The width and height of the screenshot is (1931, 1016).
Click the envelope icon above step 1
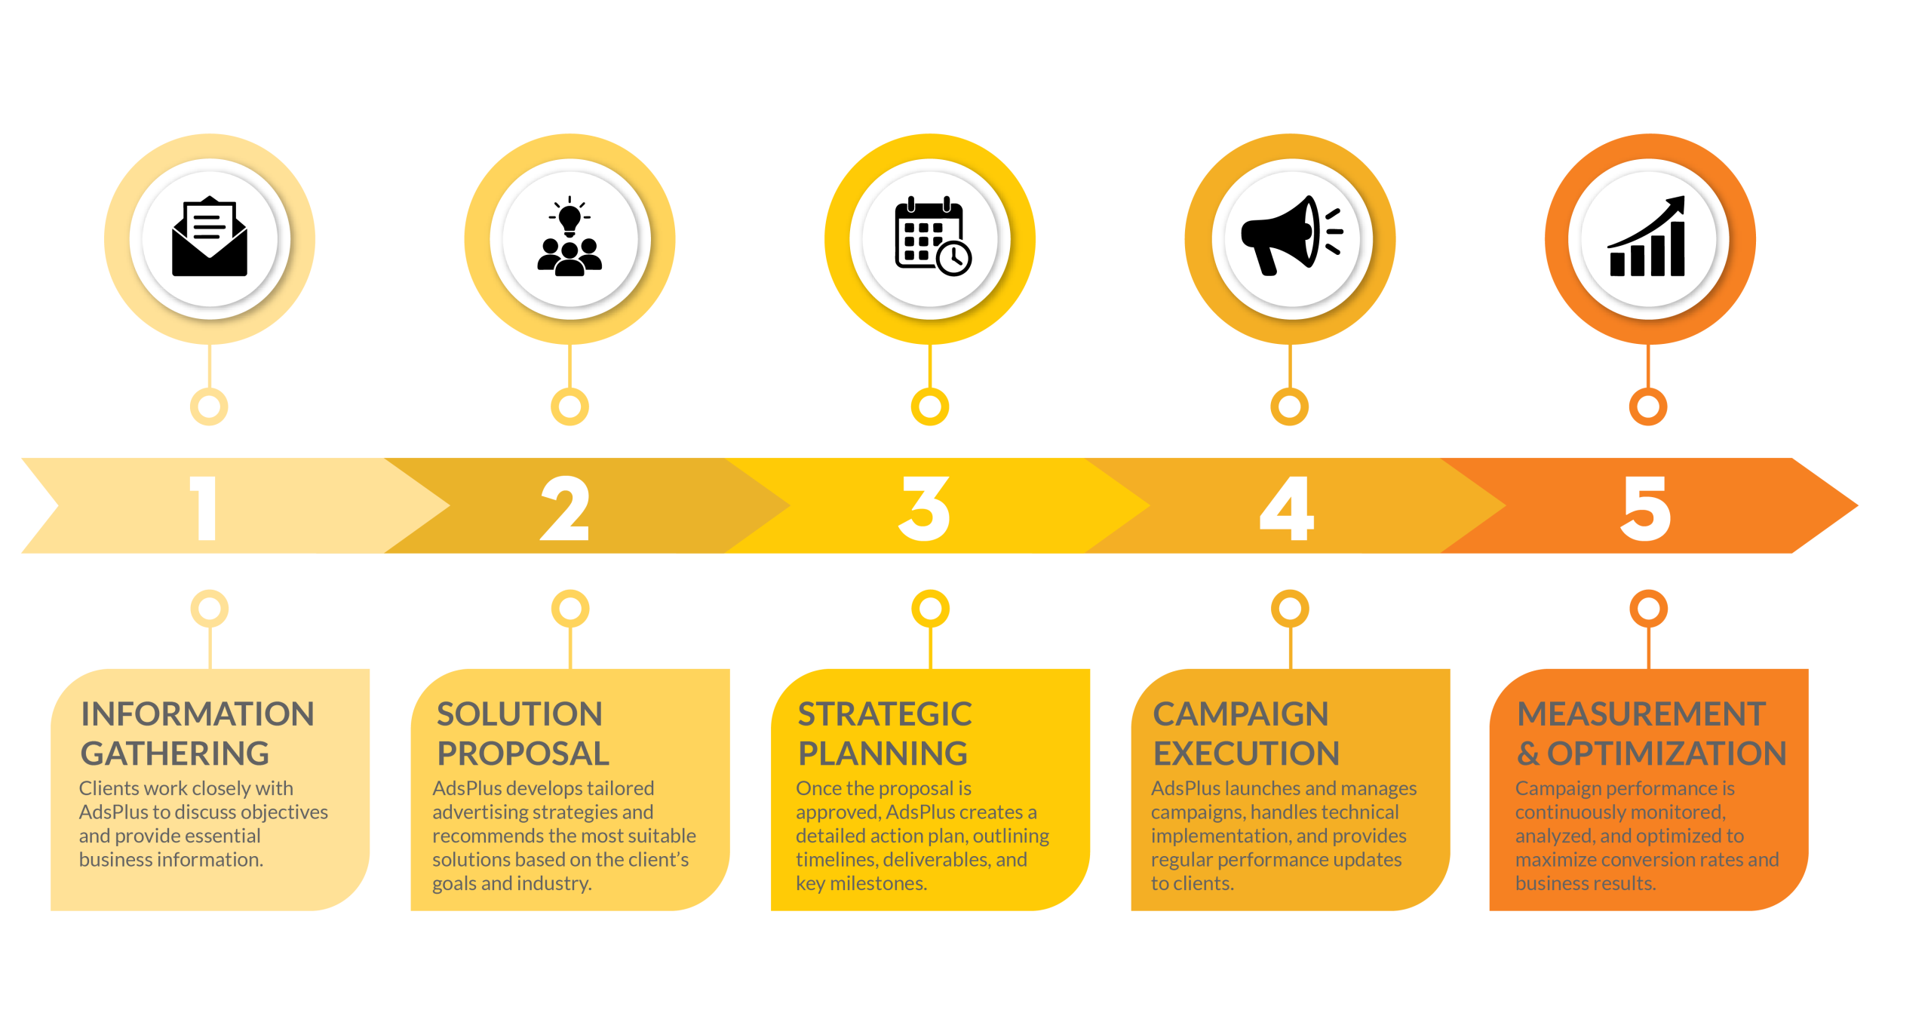tap(210, 236)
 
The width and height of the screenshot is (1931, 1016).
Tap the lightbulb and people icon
tap(569, 236)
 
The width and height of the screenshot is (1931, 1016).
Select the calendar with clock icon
tap(933, 236)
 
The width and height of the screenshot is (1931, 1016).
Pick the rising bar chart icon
tap(1647, 236)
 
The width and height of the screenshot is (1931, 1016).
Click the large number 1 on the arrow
tap(204, 508)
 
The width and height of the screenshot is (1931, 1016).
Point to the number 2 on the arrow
tap(565, 508)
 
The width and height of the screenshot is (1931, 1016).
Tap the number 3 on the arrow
tap(925, 508)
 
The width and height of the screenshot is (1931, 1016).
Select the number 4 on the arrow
tap(1287, 508)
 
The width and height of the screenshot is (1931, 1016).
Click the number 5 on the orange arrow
tap(1646, 508)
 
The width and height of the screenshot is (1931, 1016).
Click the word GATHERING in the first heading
tap(175, 753)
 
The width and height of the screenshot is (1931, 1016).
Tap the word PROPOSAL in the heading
tap(523, 753)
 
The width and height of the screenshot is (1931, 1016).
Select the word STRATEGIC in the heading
tap(885, 714)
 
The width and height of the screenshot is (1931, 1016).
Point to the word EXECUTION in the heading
tap(1246, 753)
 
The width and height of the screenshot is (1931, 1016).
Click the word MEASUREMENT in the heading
tap(1641, 714)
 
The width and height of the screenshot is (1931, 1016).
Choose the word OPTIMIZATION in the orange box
tap(1667, 753)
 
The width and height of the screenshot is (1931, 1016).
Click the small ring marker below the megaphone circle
tap(1290, 407)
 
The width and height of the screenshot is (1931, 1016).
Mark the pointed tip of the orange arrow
tap(1857, 505)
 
